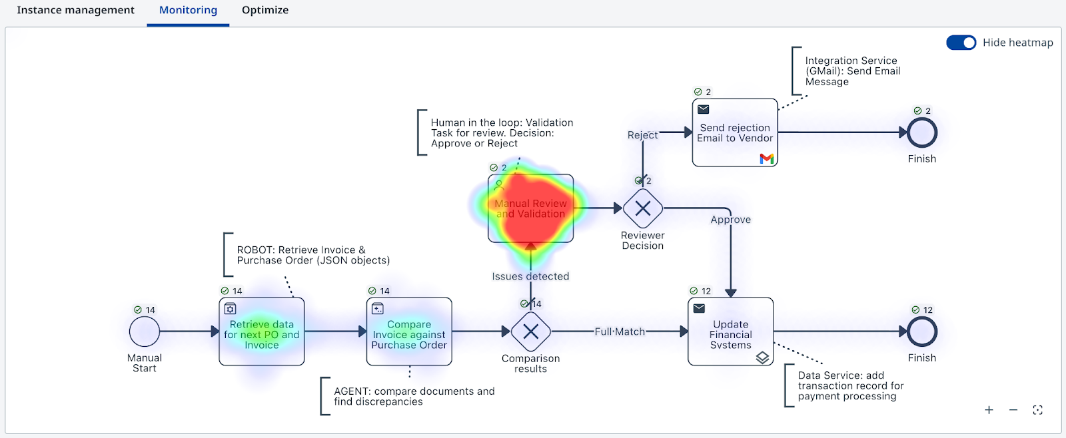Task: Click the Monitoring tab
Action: [x=188, y=10]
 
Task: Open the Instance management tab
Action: [x=76, y=10]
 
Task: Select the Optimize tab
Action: [x=265, y=10]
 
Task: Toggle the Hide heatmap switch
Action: [x=961, y=43]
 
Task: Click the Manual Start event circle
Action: [x=144, y=331]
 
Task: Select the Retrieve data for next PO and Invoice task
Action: [x=262, y=331]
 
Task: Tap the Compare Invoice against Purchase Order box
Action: [x=409, y=331]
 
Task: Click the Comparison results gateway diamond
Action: [x=530, y=331]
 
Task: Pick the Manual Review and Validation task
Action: [x=530, y=208]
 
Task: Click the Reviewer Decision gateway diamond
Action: [x=643, y=208]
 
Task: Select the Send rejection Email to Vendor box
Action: [x=736, y=132]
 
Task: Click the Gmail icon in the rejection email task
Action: [x=767, y=158]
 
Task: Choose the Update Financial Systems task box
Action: [x=730, y=331]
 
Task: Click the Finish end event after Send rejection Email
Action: [x=922, y=132]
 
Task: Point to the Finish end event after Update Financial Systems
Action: [x=922, y=331]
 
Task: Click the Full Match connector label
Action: [x=620, y=331]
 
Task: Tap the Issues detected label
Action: [x=530, y=276]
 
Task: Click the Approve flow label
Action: [x=730, y=220]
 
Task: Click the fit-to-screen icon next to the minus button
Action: [x=1038, y=410]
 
